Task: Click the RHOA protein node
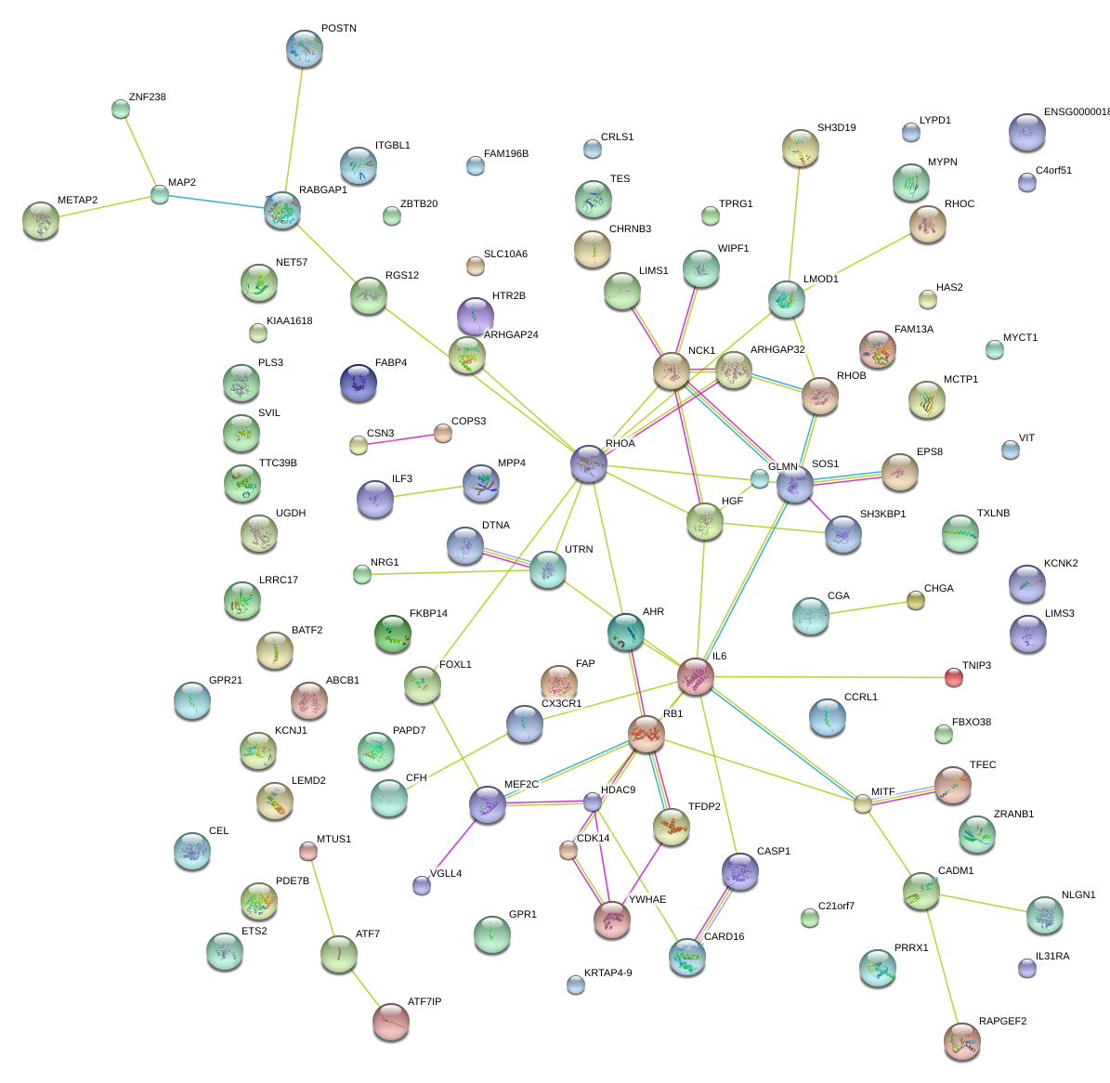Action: [x=588, y=464]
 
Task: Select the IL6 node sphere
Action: [x=695, y=677]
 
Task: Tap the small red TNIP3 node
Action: [x=954, y=677]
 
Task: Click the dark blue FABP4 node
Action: [x=359, y=383]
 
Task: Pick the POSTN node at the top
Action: [x=305, y=49]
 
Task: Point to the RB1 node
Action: [x=646, y=734]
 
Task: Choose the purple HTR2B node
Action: [x=475, y=316]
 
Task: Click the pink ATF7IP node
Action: [x=391, y=1022]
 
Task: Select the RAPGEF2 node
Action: [x=962, y=1042]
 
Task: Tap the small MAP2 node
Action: [x=159, y=195]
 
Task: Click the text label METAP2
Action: [x=77, y=201]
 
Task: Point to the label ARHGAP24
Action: [x=511, y=334]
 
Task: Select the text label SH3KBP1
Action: [x=882, y=514]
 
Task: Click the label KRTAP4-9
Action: [x=608, y=972]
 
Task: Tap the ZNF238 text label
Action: [x=148, y=97]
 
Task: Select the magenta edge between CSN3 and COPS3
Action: [x=400, y=439]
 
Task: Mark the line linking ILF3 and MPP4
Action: [x=428, y=491]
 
